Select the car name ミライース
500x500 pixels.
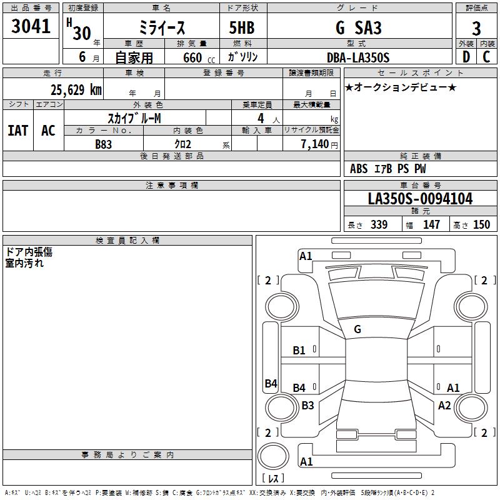161,28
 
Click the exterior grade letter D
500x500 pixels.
466,57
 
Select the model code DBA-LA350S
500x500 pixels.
358,57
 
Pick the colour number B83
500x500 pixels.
104,144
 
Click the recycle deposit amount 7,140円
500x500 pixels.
319,144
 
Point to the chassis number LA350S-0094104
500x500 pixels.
420,199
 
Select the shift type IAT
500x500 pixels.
17,131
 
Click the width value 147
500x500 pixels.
431,225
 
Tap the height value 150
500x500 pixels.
481,225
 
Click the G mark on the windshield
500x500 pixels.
357,329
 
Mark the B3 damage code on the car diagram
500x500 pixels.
307,405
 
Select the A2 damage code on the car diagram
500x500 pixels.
444,405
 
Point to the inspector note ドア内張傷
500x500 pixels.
29,251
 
